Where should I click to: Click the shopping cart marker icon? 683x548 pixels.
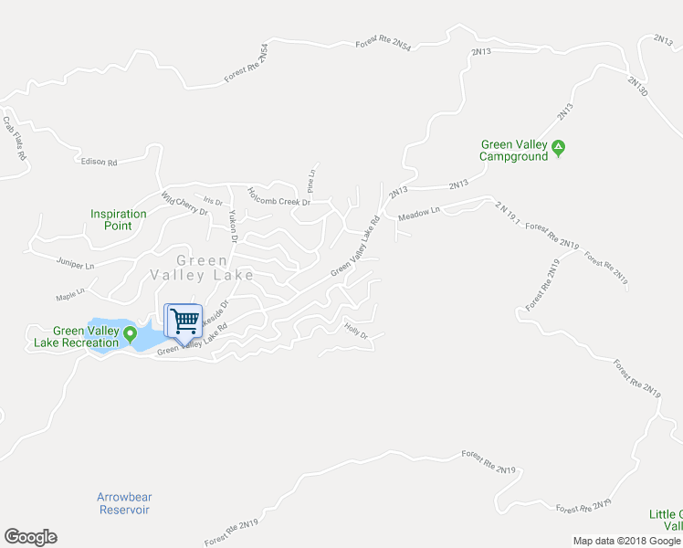tap(184, 321)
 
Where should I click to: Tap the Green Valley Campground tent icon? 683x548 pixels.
tap(559, 146)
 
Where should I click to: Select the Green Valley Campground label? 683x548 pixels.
tap(514, 150)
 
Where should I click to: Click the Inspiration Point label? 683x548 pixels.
tap(119, 220)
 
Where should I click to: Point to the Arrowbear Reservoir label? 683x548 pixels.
tap(124, 503)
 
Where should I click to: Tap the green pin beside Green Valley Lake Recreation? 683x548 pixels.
tap(130, 331)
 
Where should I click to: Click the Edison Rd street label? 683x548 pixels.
tap(100, 163)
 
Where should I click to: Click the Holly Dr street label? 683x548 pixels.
tap(355, 332)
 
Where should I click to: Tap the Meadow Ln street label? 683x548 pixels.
tap(419, 213)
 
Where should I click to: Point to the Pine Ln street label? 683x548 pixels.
tap(311, 182)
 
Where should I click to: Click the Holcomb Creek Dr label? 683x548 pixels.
tap(279, 196)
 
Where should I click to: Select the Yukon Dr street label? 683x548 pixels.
tap(233, 225)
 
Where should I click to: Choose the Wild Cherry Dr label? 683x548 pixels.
tap(184, 205)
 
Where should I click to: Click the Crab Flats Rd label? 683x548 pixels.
tap(14, 138)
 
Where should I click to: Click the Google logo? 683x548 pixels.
tap(30, 537)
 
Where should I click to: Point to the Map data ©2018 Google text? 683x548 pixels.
tap(626, 541)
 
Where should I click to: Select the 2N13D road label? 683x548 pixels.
tap(637, 86)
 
